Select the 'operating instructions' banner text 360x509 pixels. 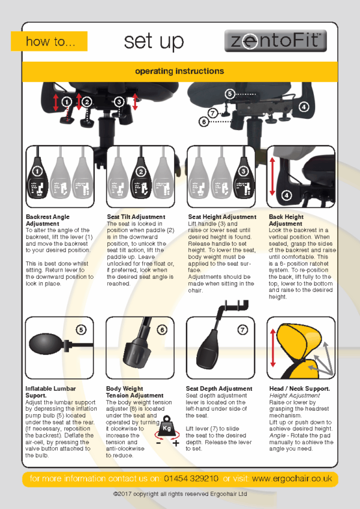[179, 71]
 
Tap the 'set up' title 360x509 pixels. [154, 41]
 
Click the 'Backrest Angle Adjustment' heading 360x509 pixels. [48, 220]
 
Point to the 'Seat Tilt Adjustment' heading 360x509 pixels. [136, 217]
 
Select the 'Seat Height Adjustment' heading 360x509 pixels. [221, 217]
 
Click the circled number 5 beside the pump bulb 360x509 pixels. [81, 329]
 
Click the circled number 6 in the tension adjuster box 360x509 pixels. [161, 329]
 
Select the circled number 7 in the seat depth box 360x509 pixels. [242, 329]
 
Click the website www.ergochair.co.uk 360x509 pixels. [292, 478]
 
